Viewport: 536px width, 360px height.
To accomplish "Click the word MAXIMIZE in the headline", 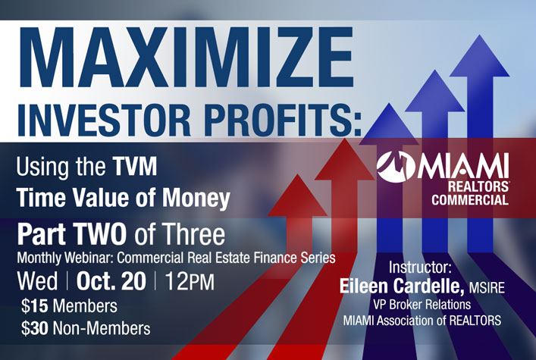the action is (187, 57).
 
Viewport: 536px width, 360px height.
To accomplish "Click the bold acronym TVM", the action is (135, 167).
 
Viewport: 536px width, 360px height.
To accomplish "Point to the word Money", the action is (196, 199).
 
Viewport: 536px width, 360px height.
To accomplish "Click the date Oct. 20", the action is (111, 281).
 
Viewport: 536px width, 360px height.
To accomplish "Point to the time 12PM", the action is (190, 281).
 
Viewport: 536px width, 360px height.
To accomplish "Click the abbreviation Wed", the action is (37, 281).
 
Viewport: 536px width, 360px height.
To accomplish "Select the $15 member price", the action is (35, 305).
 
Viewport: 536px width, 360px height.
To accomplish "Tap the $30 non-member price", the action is (35, 328).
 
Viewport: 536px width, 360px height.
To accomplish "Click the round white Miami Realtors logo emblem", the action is (396, 166).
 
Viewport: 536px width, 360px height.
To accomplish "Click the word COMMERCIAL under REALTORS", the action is (470, 199).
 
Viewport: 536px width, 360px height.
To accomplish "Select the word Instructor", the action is (420, 268).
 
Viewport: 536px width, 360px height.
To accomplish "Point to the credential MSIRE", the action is (487, 287).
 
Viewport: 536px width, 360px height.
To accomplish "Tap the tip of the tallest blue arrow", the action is (480, 35).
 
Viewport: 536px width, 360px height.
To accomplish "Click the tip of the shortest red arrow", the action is (298, 175).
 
